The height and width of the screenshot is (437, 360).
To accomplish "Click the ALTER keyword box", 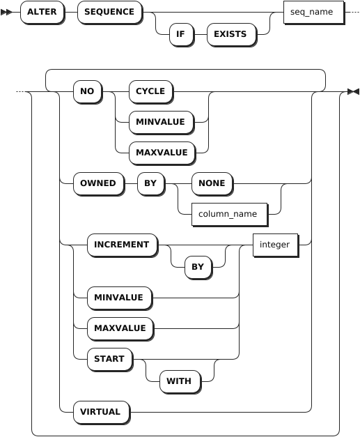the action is pyautogui.click(x=42, y=13).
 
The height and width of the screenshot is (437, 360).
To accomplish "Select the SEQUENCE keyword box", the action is pyautogui.click(x=110, y=13).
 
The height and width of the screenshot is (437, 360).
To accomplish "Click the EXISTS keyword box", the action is pyautogui.click(x=231, y=35).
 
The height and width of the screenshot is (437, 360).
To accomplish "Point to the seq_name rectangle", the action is pyautogui.click(x=314, y=13).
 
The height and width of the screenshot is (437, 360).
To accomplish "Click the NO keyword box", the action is pyautogui.click(x=88, y=92).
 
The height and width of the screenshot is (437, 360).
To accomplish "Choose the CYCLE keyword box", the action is pyautogui.click(x=151, y=92).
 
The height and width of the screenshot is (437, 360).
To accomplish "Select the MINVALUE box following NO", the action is pyautogui.click(x=162, y=123).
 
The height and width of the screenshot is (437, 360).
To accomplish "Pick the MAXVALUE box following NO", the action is pyautogui.click(x=162, y=153).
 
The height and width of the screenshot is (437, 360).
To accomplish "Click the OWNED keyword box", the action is pyautogui.click(x=99, y=184).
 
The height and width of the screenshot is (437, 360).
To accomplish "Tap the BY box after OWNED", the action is pyautogui.click(x=151, y=184).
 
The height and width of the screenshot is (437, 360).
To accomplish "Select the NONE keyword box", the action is pyautogui.click(x=212, y=184).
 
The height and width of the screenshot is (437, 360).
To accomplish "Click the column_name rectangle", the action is pyautogui.click(x=230, y=215).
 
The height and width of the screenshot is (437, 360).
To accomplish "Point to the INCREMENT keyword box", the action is pyautogui.click(x=123, y=245).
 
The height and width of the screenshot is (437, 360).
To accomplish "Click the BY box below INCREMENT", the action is pyautogui.click(x=198, y=267).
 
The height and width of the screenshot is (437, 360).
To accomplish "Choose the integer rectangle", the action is pyautogui.click(x=276, y=245).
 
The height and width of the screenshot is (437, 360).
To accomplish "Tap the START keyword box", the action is pyautogui.click(x=110, y=359).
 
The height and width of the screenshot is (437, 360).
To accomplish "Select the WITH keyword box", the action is pyautogui.click(x=180, y=381).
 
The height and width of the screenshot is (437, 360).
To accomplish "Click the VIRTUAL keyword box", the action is pyautogui.click(x=102, y=412).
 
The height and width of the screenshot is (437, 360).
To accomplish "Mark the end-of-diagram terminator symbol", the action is pyautogui.click(x=353, y=92).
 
